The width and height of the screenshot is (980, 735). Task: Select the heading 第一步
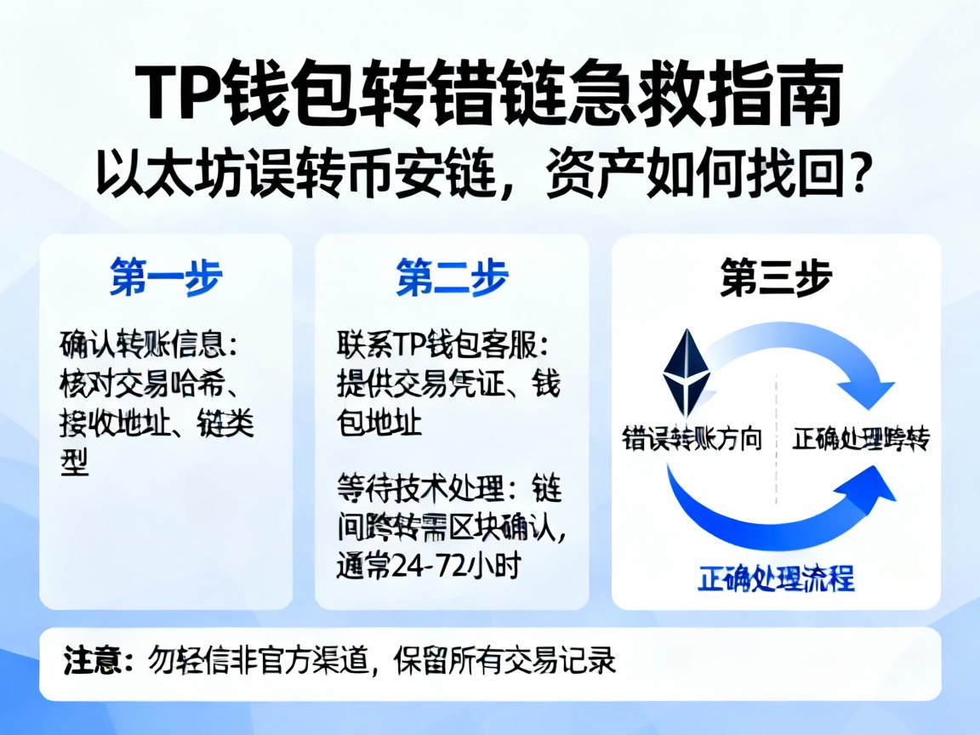tap(166, 277)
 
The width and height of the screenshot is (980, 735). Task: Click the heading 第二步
tap(452, 277)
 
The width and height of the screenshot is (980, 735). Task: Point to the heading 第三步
tap(776, 277)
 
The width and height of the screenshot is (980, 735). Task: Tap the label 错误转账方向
tap(692, 440)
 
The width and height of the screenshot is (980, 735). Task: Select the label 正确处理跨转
tap(861, 440)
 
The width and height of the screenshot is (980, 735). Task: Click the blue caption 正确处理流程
tap(776, 578)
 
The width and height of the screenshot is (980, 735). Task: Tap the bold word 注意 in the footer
tap(92, 661)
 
